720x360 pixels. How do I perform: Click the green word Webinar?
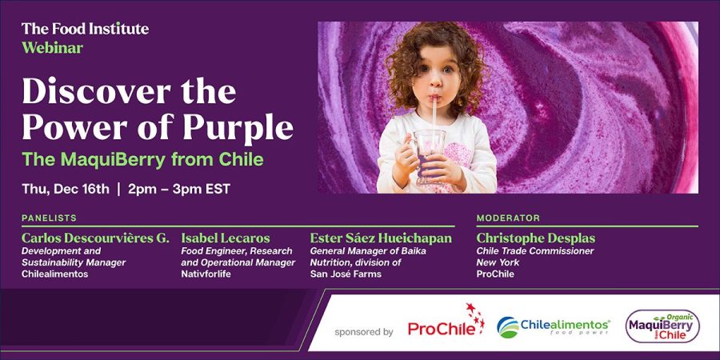pyautogui.click(x=52, y=48)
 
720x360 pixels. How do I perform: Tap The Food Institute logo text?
pyautogui.click(x=85, y=29)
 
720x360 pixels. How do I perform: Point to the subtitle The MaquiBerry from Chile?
pyautogui.click(x=143, y=160)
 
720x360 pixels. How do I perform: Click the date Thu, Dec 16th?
pyautogui.click(x=66, y=189)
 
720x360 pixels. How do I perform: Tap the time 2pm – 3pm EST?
pyautogui.click(x=179, y=189)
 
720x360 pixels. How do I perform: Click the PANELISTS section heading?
pyautogui.click(x=49, y=218)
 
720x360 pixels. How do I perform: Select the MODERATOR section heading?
pyautogui.click(x=508, y=218)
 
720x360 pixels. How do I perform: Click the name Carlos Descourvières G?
pyautogui.click(x=95, y=238)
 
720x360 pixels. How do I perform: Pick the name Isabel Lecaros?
pyautogui.click(x=226, y=238)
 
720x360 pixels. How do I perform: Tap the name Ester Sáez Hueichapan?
pyautogui.click(x=381, y=238)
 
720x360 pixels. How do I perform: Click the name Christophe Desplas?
pyautogui.click(x=536, y=238)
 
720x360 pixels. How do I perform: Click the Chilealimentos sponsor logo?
pyautogui.click(x=554, y=327)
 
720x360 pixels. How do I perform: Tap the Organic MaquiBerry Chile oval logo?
pyautogui.click(x=662, y=326)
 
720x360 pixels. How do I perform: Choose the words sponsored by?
pyautogui.click(x=364, y=331)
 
